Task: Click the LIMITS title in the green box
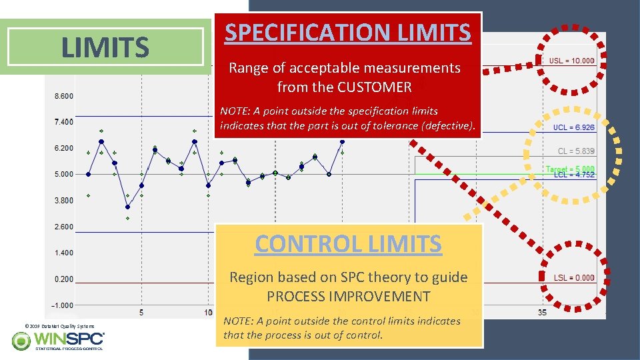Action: tap(105, 47)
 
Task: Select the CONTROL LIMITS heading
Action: tap(348, 243)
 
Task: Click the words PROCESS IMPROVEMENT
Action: tap(348, 296)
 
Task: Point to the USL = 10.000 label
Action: tap(571, 61)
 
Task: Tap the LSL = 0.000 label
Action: tap(571, 277)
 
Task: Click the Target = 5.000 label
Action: tap(569, 169)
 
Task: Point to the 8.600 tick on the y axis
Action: tap(63, 96)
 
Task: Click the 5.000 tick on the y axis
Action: tap(63, 175)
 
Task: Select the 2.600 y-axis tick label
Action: tap(63, 227)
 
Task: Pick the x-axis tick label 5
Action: tap(141, 312)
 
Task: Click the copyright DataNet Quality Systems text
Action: tap(59, 326)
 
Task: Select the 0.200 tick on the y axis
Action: tap(63, 279)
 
